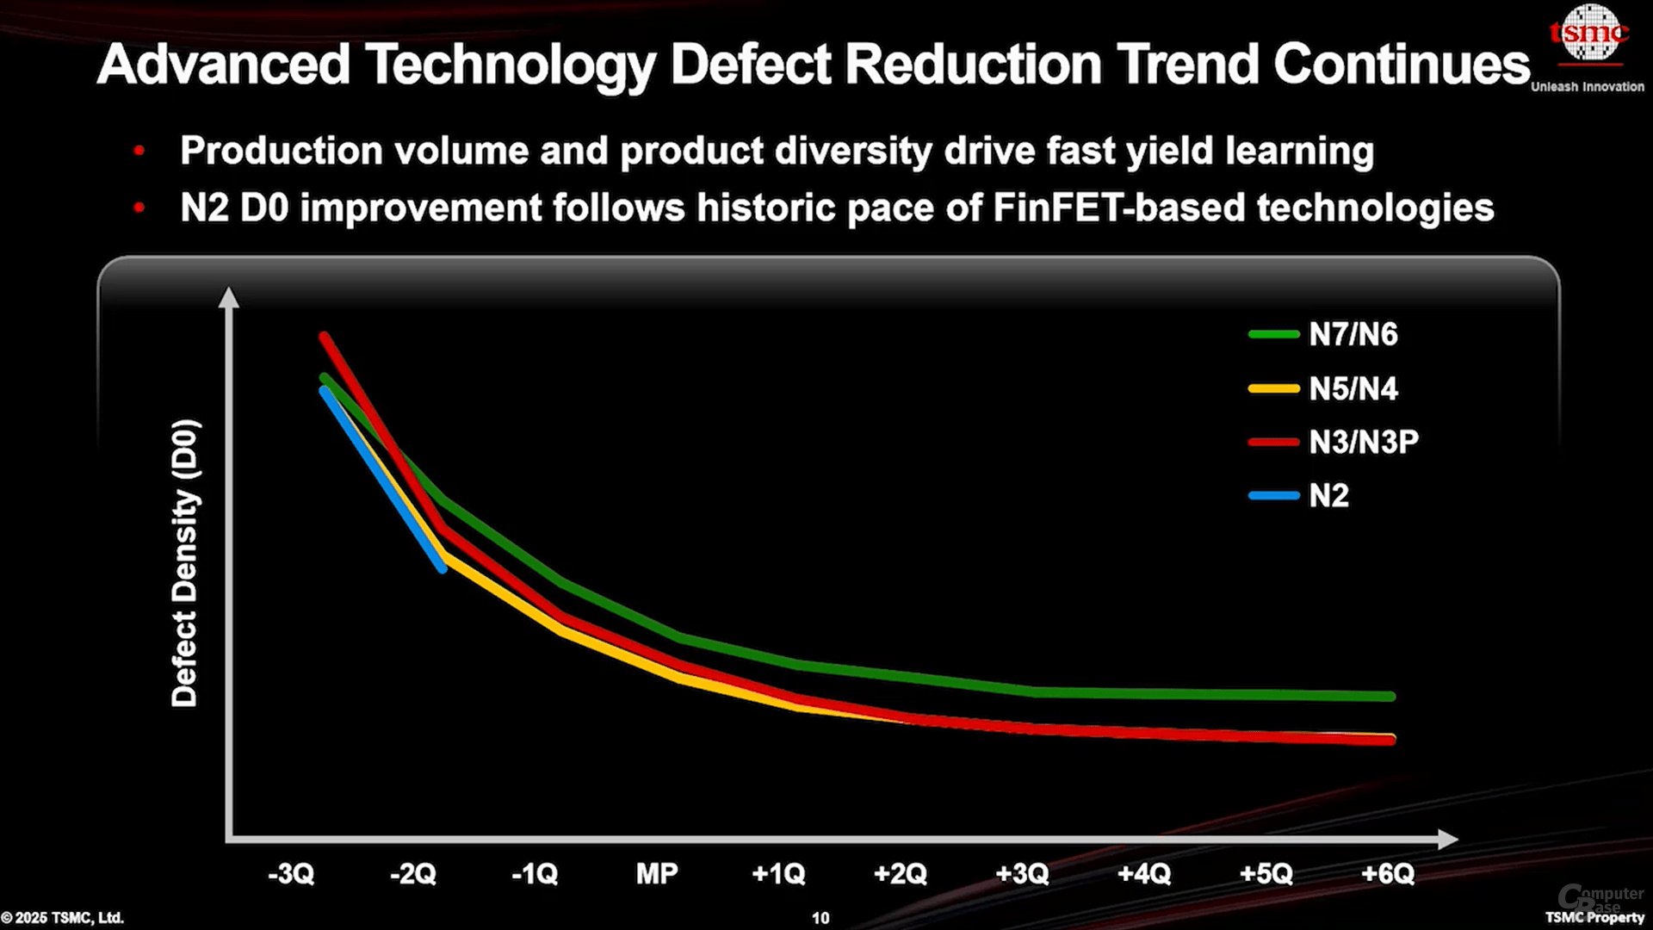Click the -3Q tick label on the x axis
click(x=291, y=874)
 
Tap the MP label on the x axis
click(x=657, y=874)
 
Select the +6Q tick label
click(x=1388, y=874)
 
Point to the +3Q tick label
click(x=1022, y=874)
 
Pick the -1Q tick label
click(x=535, y=874)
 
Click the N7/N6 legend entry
click(x=1353, y=334)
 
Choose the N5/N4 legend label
click(x=1353, y=388)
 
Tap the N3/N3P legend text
click(x=1363, y=442)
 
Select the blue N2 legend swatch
click(x=1273, y=495)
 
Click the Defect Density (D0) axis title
click(x=184, y=563)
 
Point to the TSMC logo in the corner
click(x=1589, y=34)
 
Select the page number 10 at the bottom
click(x=820, y=918)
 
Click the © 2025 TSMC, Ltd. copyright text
click(x=62, y=918)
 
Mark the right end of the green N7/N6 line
click(x=1390, y=696)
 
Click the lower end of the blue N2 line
click(x=443, y=568)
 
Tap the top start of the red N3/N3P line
click(x=324, y=337)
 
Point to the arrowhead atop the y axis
click(x=228, y=297)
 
